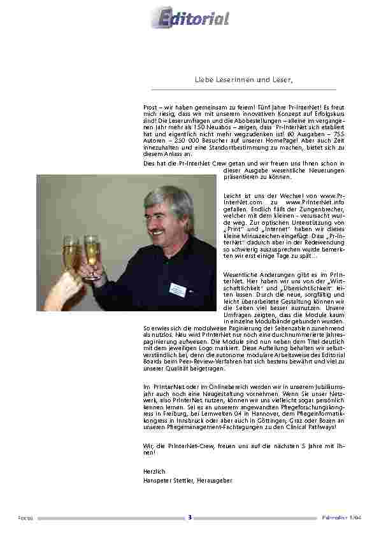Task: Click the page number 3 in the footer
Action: (x=190, y=518)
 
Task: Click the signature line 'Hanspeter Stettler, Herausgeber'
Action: (x=188, y=481)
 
